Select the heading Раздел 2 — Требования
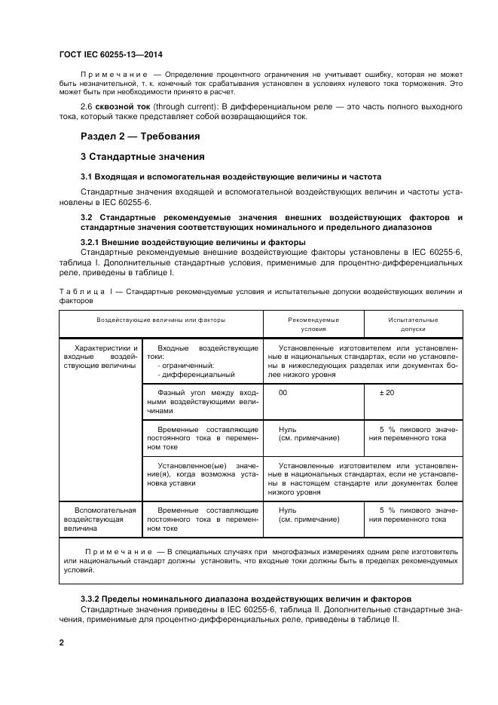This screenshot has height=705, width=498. click(140, 136)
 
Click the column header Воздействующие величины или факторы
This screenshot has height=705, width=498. click(160, 320)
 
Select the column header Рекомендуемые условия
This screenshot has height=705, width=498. click(313, 324)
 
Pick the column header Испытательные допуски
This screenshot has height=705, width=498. click(413, 324)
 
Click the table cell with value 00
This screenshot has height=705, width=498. click(283, 393)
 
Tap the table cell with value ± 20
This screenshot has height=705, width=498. click(385, 393)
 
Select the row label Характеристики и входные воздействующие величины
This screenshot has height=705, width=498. click(100, 357)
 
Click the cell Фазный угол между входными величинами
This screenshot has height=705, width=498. click(203, 402)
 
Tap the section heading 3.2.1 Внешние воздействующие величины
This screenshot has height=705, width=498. click(192, 242)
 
